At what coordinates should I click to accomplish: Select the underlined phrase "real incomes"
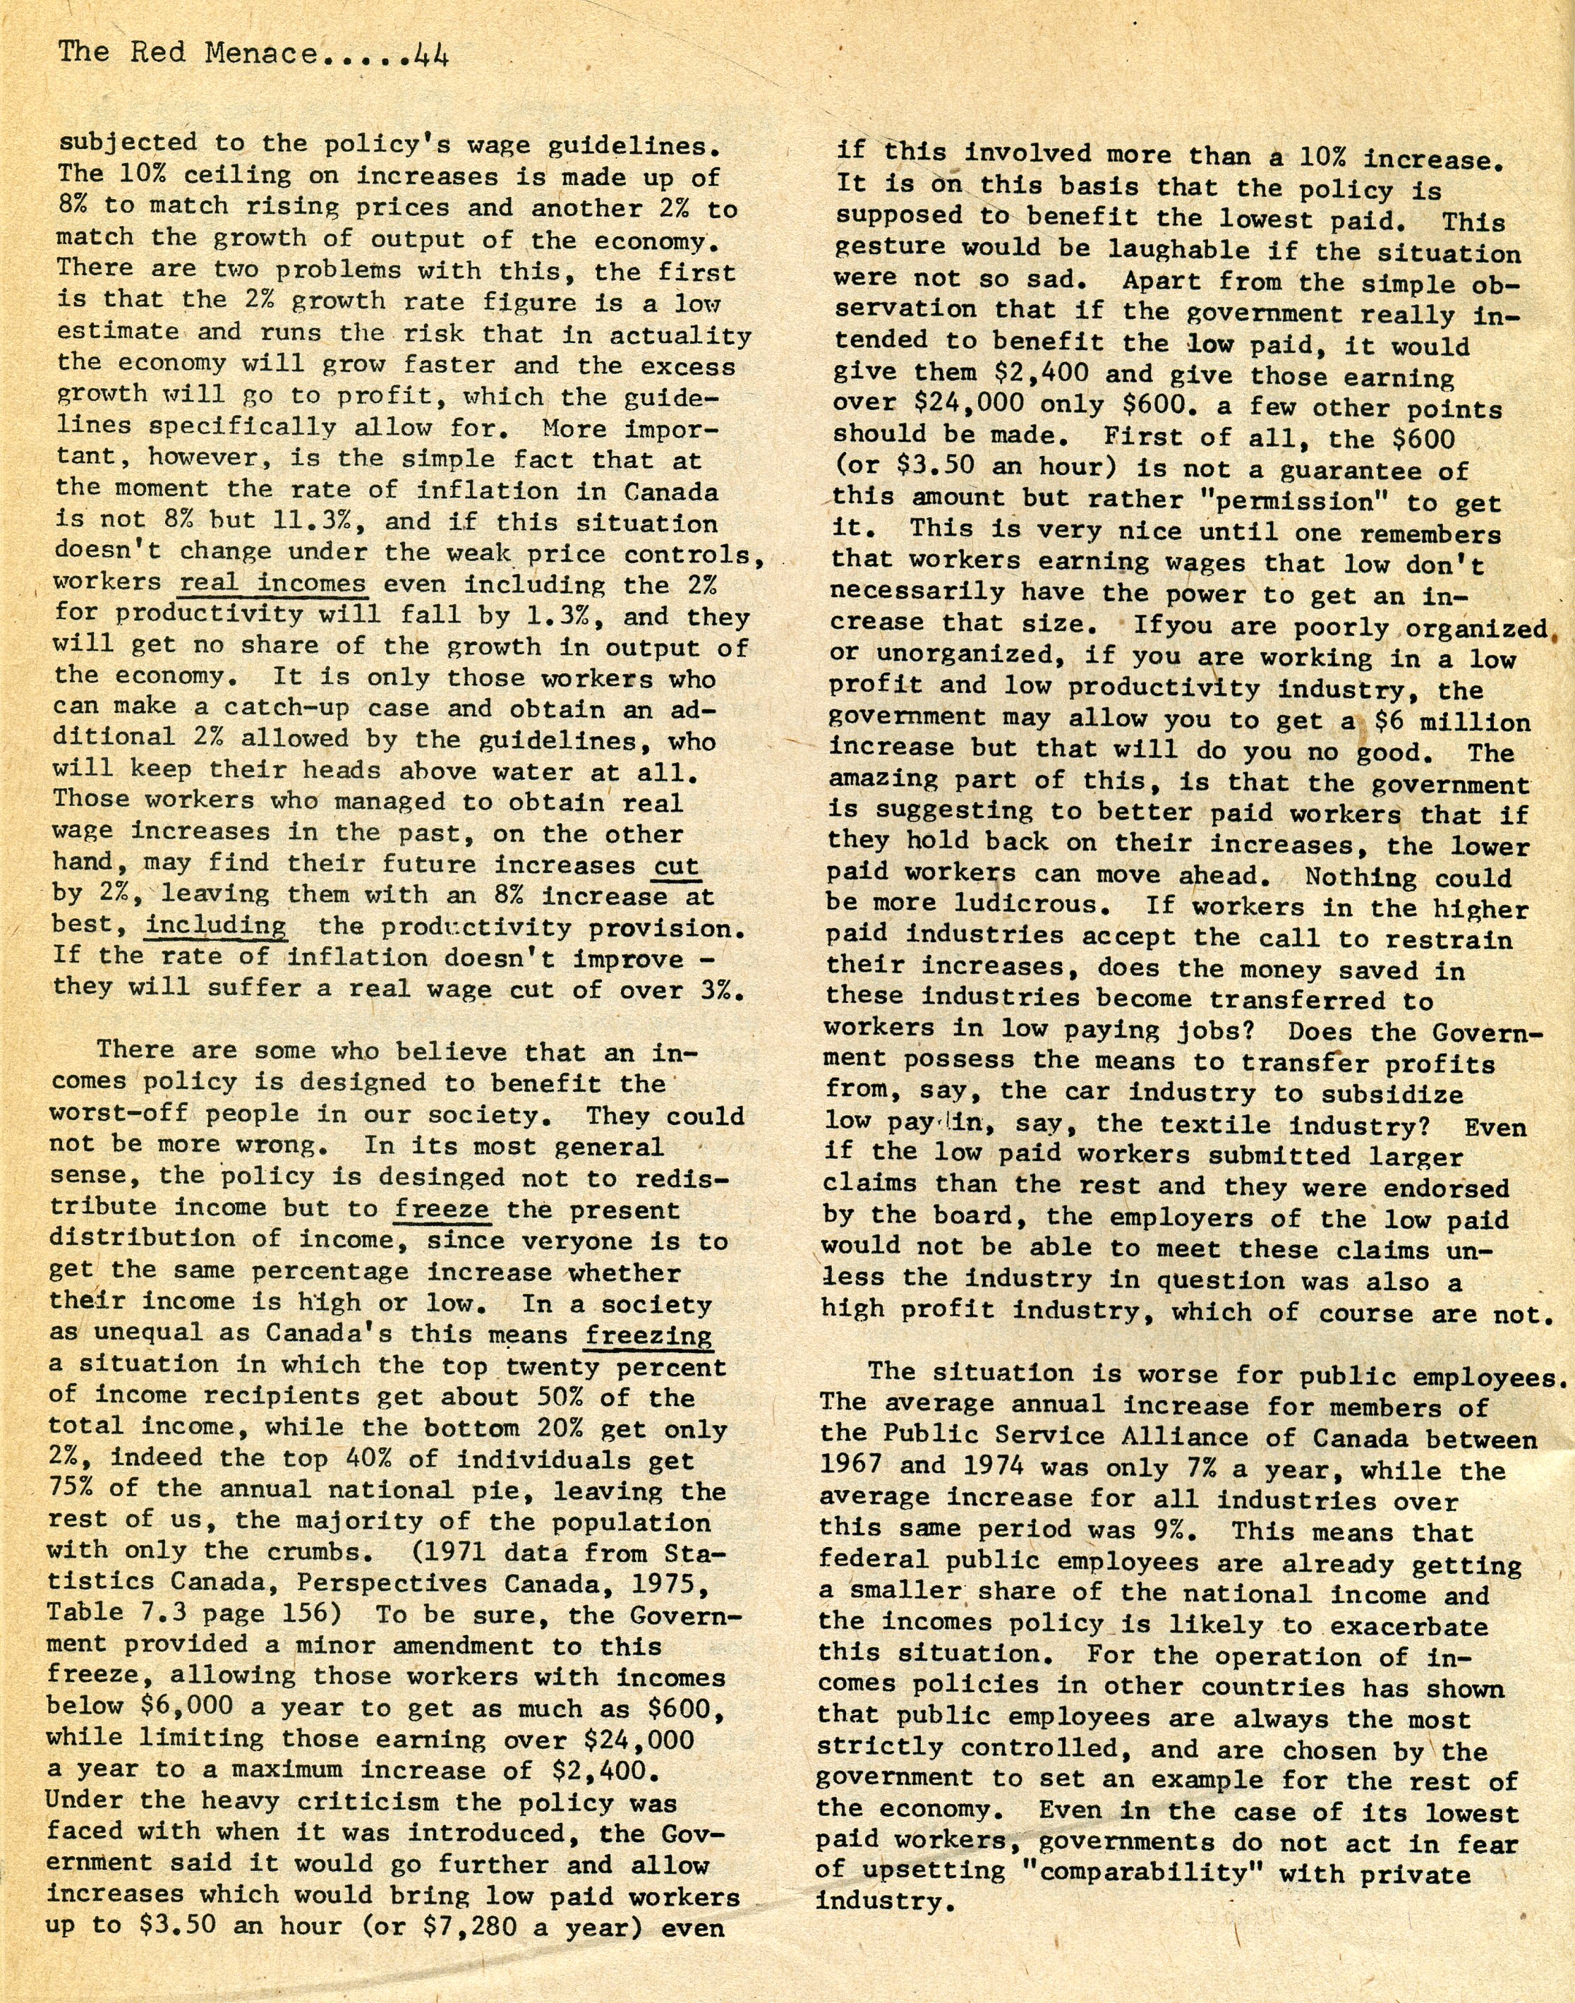tap(273, 584)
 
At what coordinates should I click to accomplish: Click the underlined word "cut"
tap(676, 865)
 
